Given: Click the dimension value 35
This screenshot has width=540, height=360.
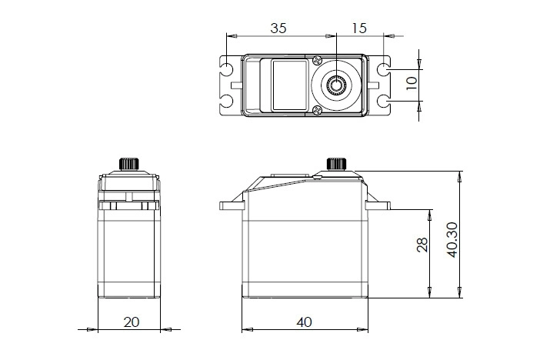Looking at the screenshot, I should click(x=278, y=28).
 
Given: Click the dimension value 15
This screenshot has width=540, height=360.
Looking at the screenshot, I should click(x=358, y=28).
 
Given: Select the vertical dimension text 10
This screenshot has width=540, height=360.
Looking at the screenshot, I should click(x=412, y=83).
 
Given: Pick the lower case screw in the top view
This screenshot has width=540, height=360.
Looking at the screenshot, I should click(x=318, y=111).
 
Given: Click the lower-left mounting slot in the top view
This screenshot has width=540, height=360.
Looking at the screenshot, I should click(x=228, y=101).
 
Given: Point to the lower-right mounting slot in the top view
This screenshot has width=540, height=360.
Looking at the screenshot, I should click(x=384, y=101).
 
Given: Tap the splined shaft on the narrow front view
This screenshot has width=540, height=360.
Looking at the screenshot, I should click(x=128, y=164).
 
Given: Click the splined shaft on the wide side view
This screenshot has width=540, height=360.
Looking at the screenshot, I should click(x=337, y=164).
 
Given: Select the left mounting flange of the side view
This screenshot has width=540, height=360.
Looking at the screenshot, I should click(x=231, y=206).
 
